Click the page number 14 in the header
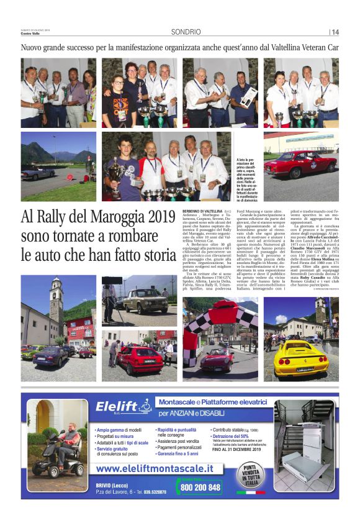click(336, 32)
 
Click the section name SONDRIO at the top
click(186, 32)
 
